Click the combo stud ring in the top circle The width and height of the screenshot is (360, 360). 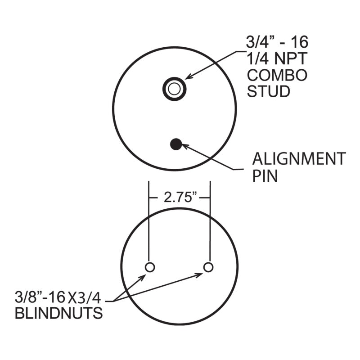[174, 88]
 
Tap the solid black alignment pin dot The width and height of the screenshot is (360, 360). [175, 144]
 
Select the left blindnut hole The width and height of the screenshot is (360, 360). [150, 267]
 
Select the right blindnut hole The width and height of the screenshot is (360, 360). [208, 267]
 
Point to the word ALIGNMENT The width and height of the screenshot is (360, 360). [299, 159]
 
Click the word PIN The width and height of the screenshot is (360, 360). [265, 175]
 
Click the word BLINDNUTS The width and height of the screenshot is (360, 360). [58, 313]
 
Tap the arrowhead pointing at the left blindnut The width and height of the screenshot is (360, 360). [143, 277]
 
